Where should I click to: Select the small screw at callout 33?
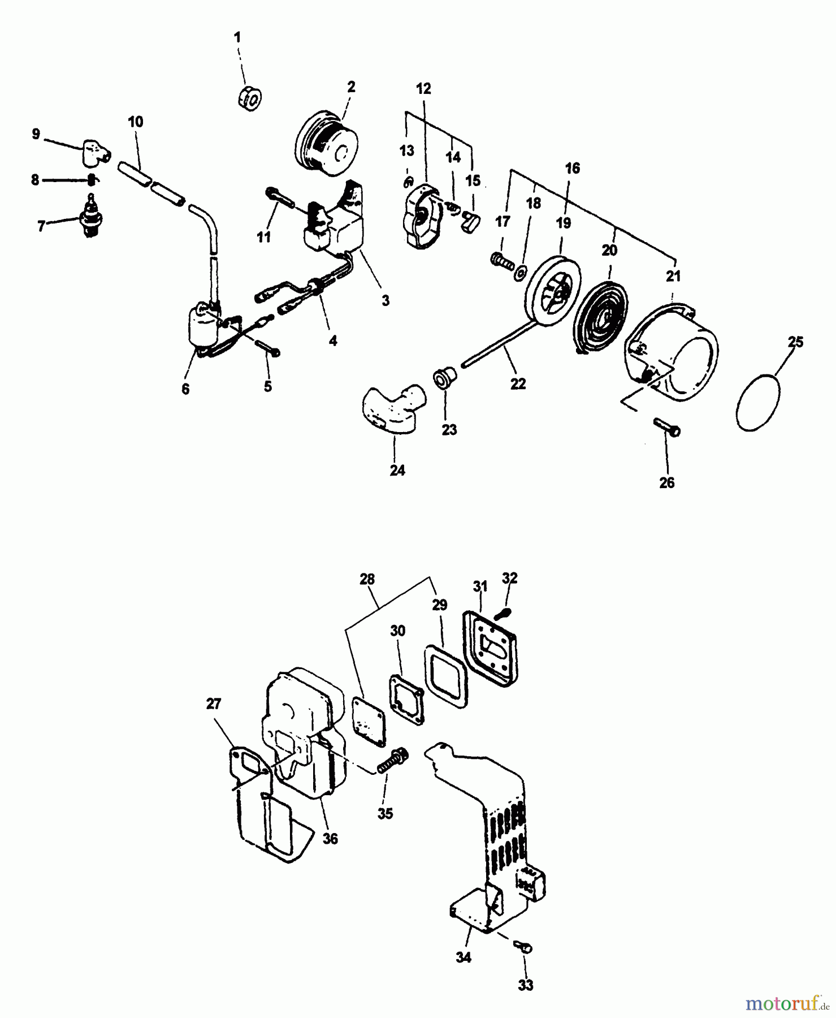coord(524,947)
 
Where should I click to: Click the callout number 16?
coord(572,168)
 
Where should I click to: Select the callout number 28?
coord(367,579)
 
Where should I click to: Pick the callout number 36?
coord(330,838)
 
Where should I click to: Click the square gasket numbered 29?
coord(445,675)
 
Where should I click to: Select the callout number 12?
coord(423,88)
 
